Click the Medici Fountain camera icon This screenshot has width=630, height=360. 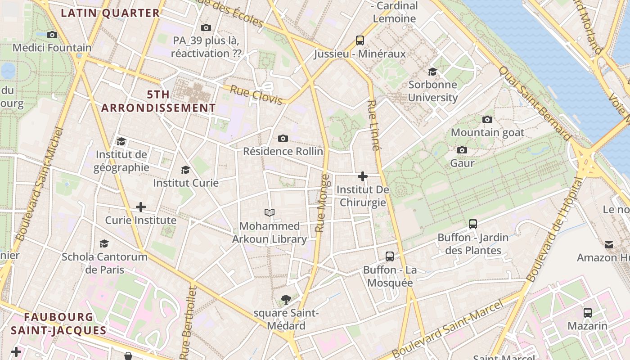click(x=52, y=35)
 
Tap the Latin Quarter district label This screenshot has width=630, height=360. click(x=110, y=13)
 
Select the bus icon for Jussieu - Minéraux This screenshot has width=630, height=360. click(x=360, y=40)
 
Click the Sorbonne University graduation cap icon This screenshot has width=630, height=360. click(x=432, y=72)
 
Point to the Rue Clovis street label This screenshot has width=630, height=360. click(x=256, y=95)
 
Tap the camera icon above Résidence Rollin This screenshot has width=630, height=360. click(x=283, y=138)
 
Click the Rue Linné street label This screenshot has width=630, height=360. click(x=373, y=125)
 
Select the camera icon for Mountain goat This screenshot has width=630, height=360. click(x=487, y=119)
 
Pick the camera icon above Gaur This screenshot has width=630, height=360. click(x=462, y=150)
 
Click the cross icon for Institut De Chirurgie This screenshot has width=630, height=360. click(x=363, y=176)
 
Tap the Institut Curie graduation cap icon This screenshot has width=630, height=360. click(x=185, y=170)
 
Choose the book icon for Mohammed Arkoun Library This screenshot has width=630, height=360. click(x=270, y=212)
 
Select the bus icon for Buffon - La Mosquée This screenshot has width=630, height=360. click(x=390, y=256)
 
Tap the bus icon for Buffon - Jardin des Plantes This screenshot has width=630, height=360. click(x=472, y=224)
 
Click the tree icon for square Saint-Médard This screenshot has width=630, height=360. click(x=285, y=299)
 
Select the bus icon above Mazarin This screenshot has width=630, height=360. click(x=587, y=312)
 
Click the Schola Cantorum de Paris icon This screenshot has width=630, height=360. click(x=104, y=243)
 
